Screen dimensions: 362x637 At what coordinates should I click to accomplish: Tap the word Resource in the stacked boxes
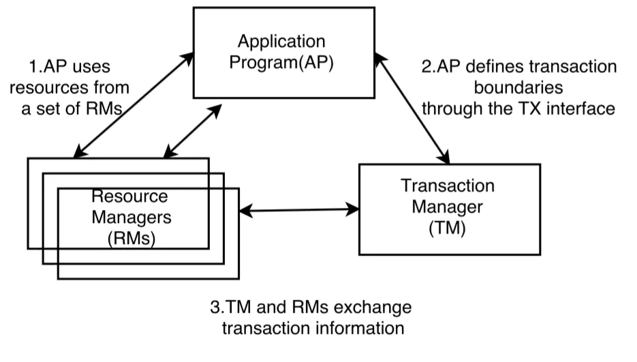[x=129, y=196]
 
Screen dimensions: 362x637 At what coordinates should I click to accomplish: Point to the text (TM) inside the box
[x=448, y=229]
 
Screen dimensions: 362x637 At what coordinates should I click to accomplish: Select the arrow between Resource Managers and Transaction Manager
[x=300, y=210]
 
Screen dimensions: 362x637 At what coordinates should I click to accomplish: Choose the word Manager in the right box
[x=448, y=207]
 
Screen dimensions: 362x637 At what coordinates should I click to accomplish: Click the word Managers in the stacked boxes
[x=129, y=217]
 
